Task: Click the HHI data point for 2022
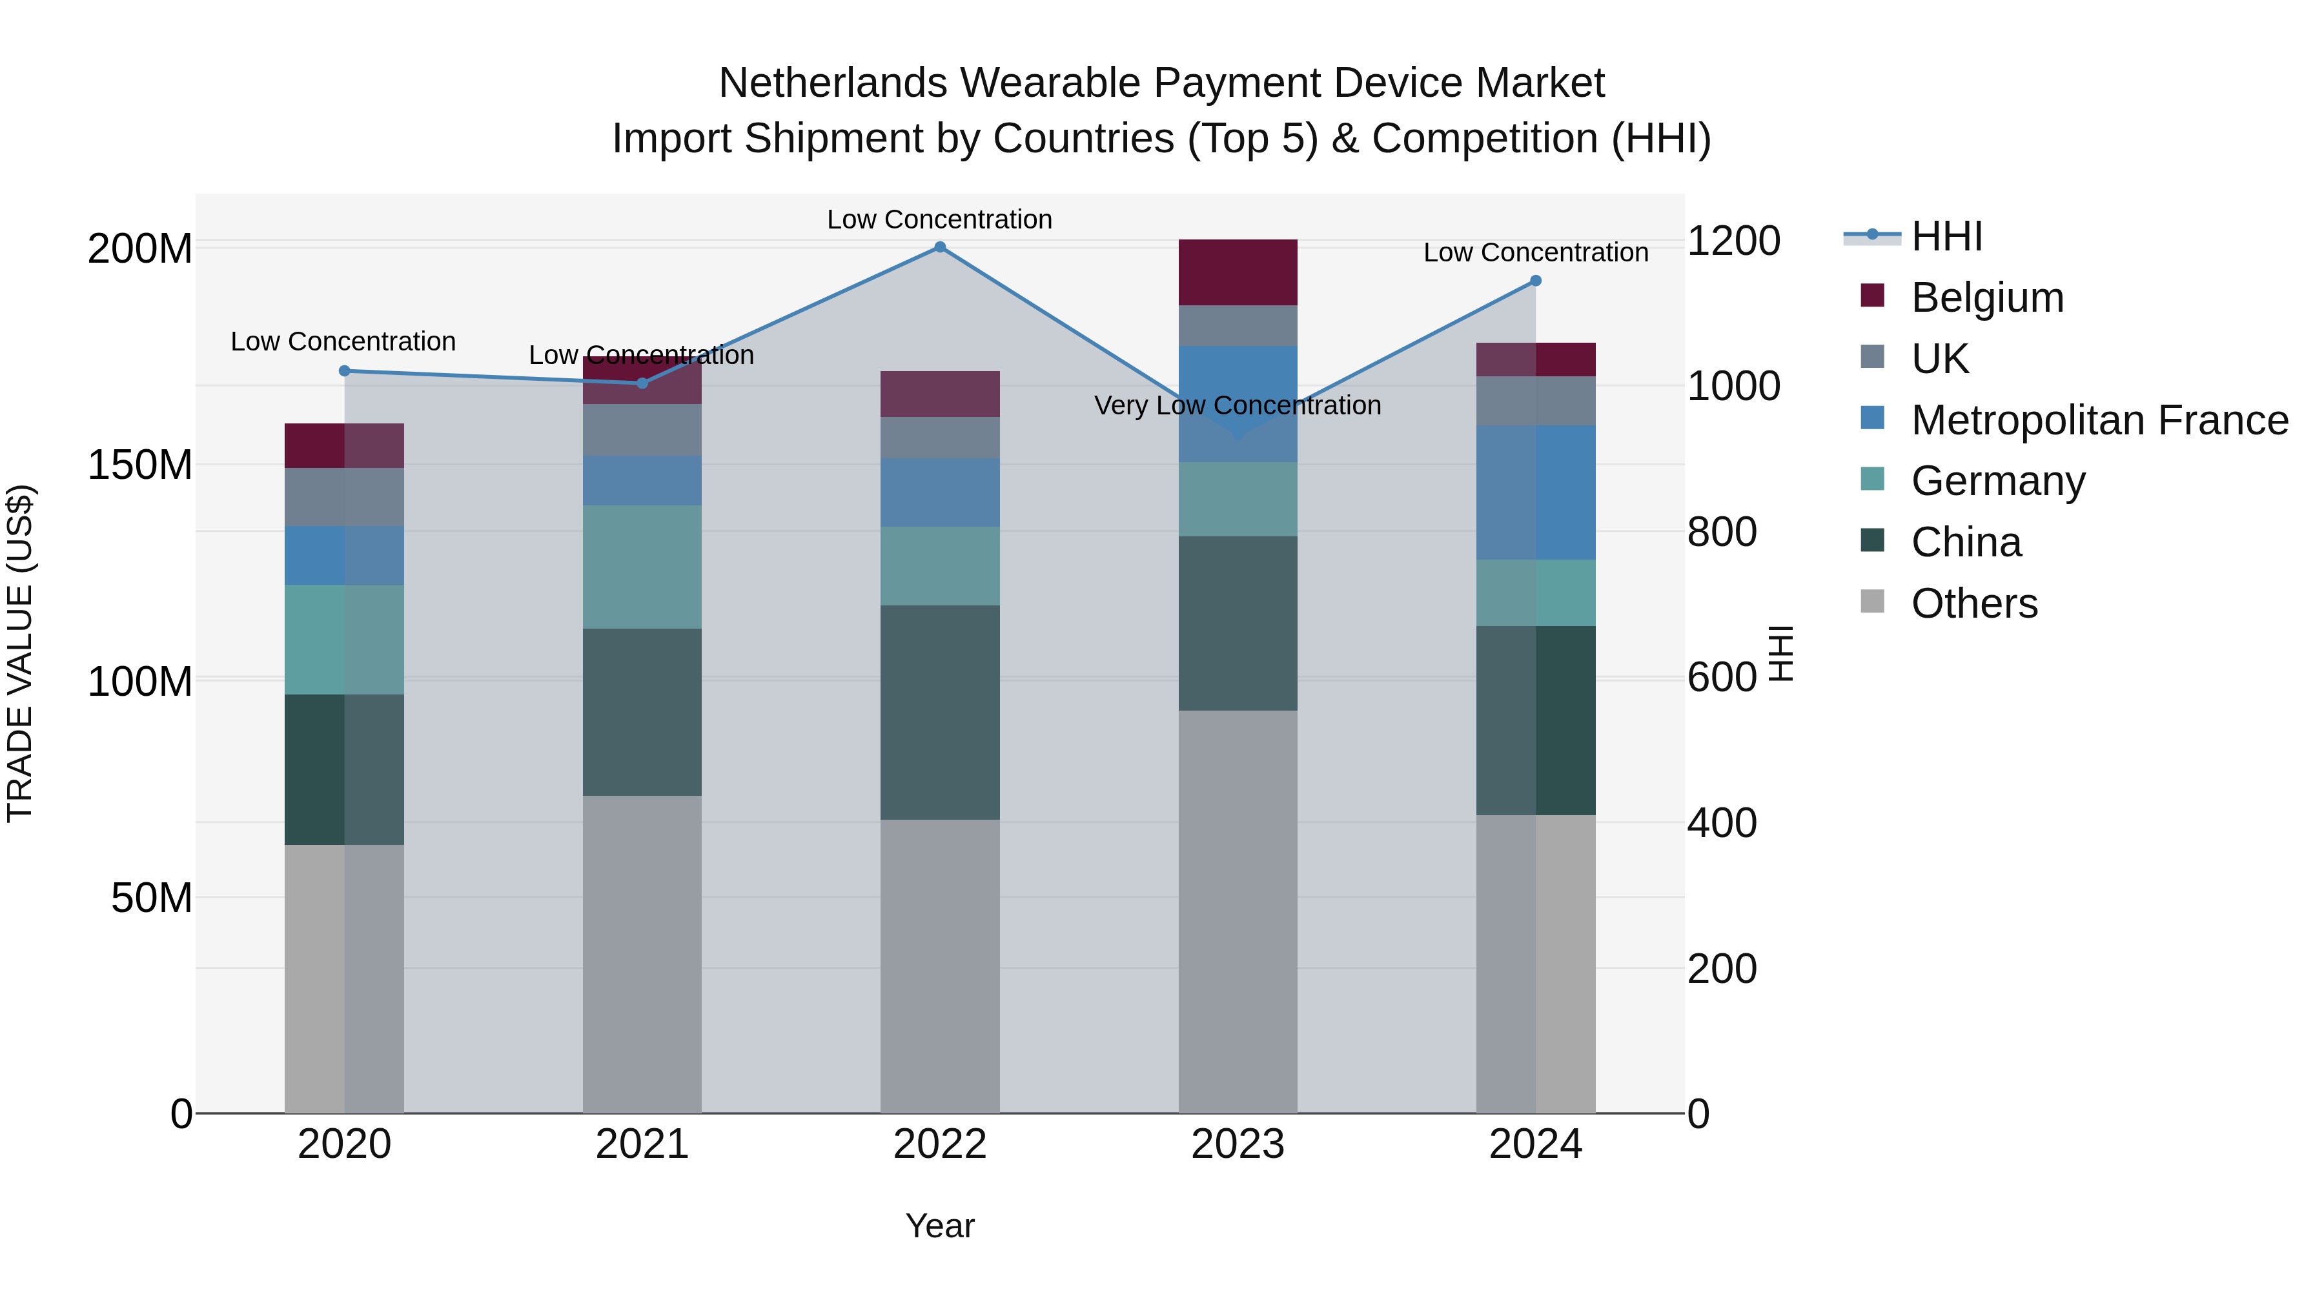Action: click(939, 247)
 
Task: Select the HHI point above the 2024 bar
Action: click(1536, 281)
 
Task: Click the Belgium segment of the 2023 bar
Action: click(1237, 272)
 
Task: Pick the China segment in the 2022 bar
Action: click(939, 712)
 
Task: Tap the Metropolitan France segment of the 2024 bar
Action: click(1536, 492)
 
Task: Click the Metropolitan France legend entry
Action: click(2099, 420)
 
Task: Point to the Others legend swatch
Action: click(1872, 602)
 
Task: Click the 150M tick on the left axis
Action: click(140, 465)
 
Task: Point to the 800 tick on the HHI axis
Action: click(1721, 532)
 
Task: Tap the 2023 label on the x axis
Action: click(1237, 1144)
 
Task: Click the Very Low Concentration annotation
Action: click(1237, 406)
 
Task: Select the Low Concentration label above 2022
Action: click(939, 219)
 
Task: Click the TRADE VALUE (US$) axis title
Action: click(20, 653)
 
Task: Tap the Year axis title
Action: click(939, 1226)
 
